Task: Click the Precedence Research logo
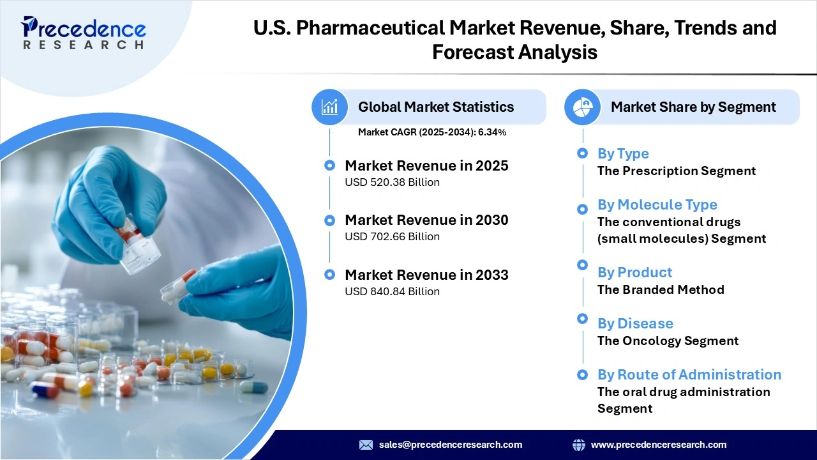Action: click(84, 32)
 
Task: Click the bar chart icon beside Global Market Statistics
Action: click(329, 107)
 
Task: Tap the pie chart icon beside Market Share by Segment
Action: click(582, 107)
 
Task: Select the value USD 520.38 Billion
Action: click(392, 182)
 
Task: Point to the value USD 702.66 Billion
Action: click(392, 236)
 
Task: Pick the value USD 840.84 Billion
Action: click(392, 291)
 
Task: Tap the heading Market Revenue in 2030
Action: click(426, 220)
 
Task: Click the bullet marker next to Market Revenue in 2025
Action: click(329, 165)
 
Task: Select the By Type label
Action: click(623, 153)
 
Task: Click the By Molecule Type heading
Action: click(657, 204)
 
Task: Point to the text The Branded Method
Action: click(661, 289)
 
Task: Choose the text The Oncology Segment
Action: click(668, 341)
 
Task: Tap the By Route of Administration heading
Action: click(689, 374)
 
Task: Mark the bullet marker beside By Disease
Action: click(582, 319)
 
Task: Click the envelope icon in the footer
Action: click(366, 445)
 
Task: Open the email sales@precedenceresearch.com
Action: click(451, 445)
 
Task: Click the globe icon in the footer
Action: click(579, 445)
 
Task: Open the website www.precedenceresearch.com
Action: click(659, 445)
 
